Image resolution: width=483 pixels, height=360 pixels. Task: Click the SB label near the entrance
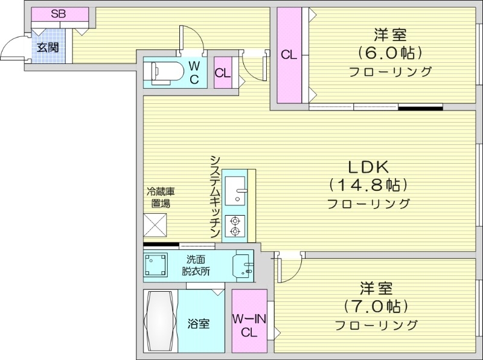click(59, 13)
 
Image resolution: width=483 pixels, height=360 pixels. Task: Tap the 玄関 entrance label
click(48, 47)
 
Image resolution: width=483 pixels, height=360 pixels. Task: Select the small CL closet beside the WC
click(223, 73)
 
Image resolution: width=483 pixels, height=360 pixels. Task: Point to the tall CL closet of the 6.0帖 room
click(289, 54)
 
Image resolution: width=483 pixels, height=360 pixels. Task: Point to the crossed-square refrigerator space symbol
click(155, 225)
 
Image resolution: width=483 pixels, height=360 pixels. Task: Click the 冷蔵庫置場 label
click(161, 198)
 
